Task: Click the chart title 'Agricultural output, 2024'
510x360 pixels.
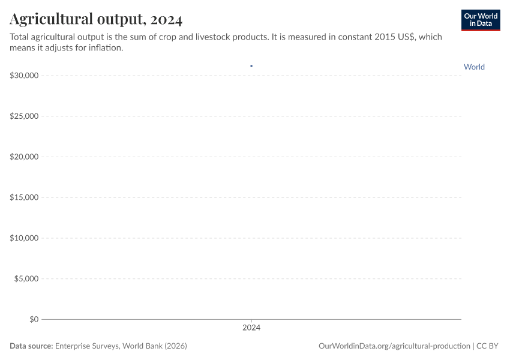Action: pos(96,19)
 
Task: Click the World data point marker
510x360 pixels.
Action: pos(251,66)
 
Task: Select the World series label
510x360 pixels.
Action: pos(474,67)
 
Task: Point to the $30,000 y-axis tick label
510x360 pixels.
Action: pos(25,76)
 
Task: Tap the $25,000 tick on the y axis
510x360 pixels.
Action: pos(25,116)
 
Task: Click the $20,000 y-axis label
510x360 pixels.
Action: pos(25,157)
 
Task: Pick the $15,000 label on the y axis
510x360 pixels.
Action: pos(25,197)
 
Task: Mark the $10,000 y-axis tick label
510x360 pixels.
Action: pos(25,238)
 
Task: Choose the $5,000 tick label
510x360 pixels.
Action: pos(26,279)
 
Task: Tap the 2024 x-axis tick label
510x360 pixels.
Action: pos(251,328)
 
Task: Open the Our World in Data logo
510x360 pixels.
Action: pos(480,20)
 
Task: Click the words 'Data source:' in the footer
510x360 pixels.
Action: pos(31,346)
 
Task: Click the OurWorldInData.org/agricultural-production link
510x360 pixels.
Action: pos(395,346)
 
